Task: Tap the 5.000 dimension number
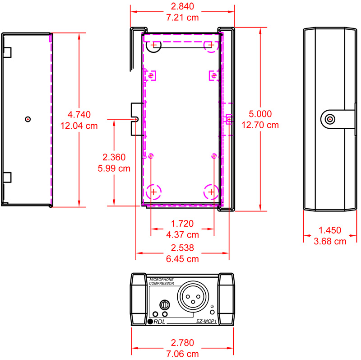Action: coord(260,114)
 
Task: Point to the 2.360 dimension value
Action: coord(114,158)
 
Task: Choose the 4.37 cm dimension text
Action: coord(183,234)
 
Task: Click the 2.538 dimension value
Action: coord(183,248)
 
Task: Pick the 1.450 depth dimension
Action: coord(330,230)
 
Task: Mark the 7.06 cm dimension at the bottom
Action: coord(183,354)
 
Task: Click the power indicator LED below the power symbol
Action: coord(213,313)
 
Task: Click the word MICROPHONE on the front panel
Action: coord(161,280)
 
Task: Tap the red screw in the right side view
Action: coord(330,119)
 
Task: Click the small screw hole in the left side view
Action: coord(28,119)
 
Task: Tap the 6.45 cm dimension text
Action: coord(183,260)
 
